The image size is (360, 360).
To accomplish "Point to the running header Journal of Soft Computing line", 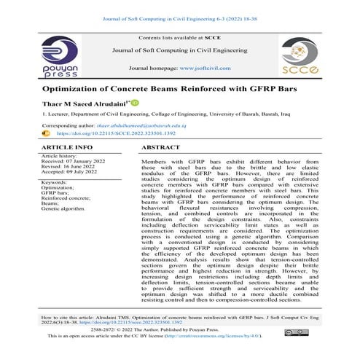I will [x=180, y=8].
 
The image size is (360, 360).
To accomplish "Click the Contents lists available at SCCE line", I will [x=179, y=37].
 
